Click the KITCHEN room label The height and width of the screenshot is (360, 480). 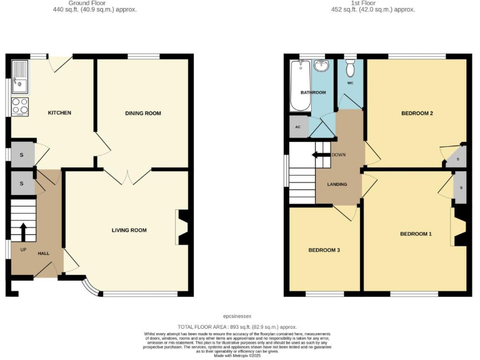click(x=60, y=113)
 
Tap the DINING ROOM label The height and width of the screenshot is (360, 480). click(x=143, y=113)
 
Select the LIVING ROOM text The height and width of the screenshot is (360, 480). click(x=129, y=231)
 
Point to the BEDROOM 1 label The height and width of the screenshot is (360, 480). click(x=416, y=234)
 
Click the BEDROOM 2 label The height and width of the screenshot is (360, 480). click(x=417, y=113)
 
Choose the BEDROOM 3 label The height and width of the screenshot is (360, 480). click(x=324, y=250)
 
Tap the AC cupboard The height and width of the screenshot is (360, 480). click(x=298, y=125)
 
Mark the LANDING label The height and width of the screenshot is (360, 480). click(x=336, y=184)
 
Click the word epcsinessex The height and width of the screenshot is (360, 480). click(x=240, y=317)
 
